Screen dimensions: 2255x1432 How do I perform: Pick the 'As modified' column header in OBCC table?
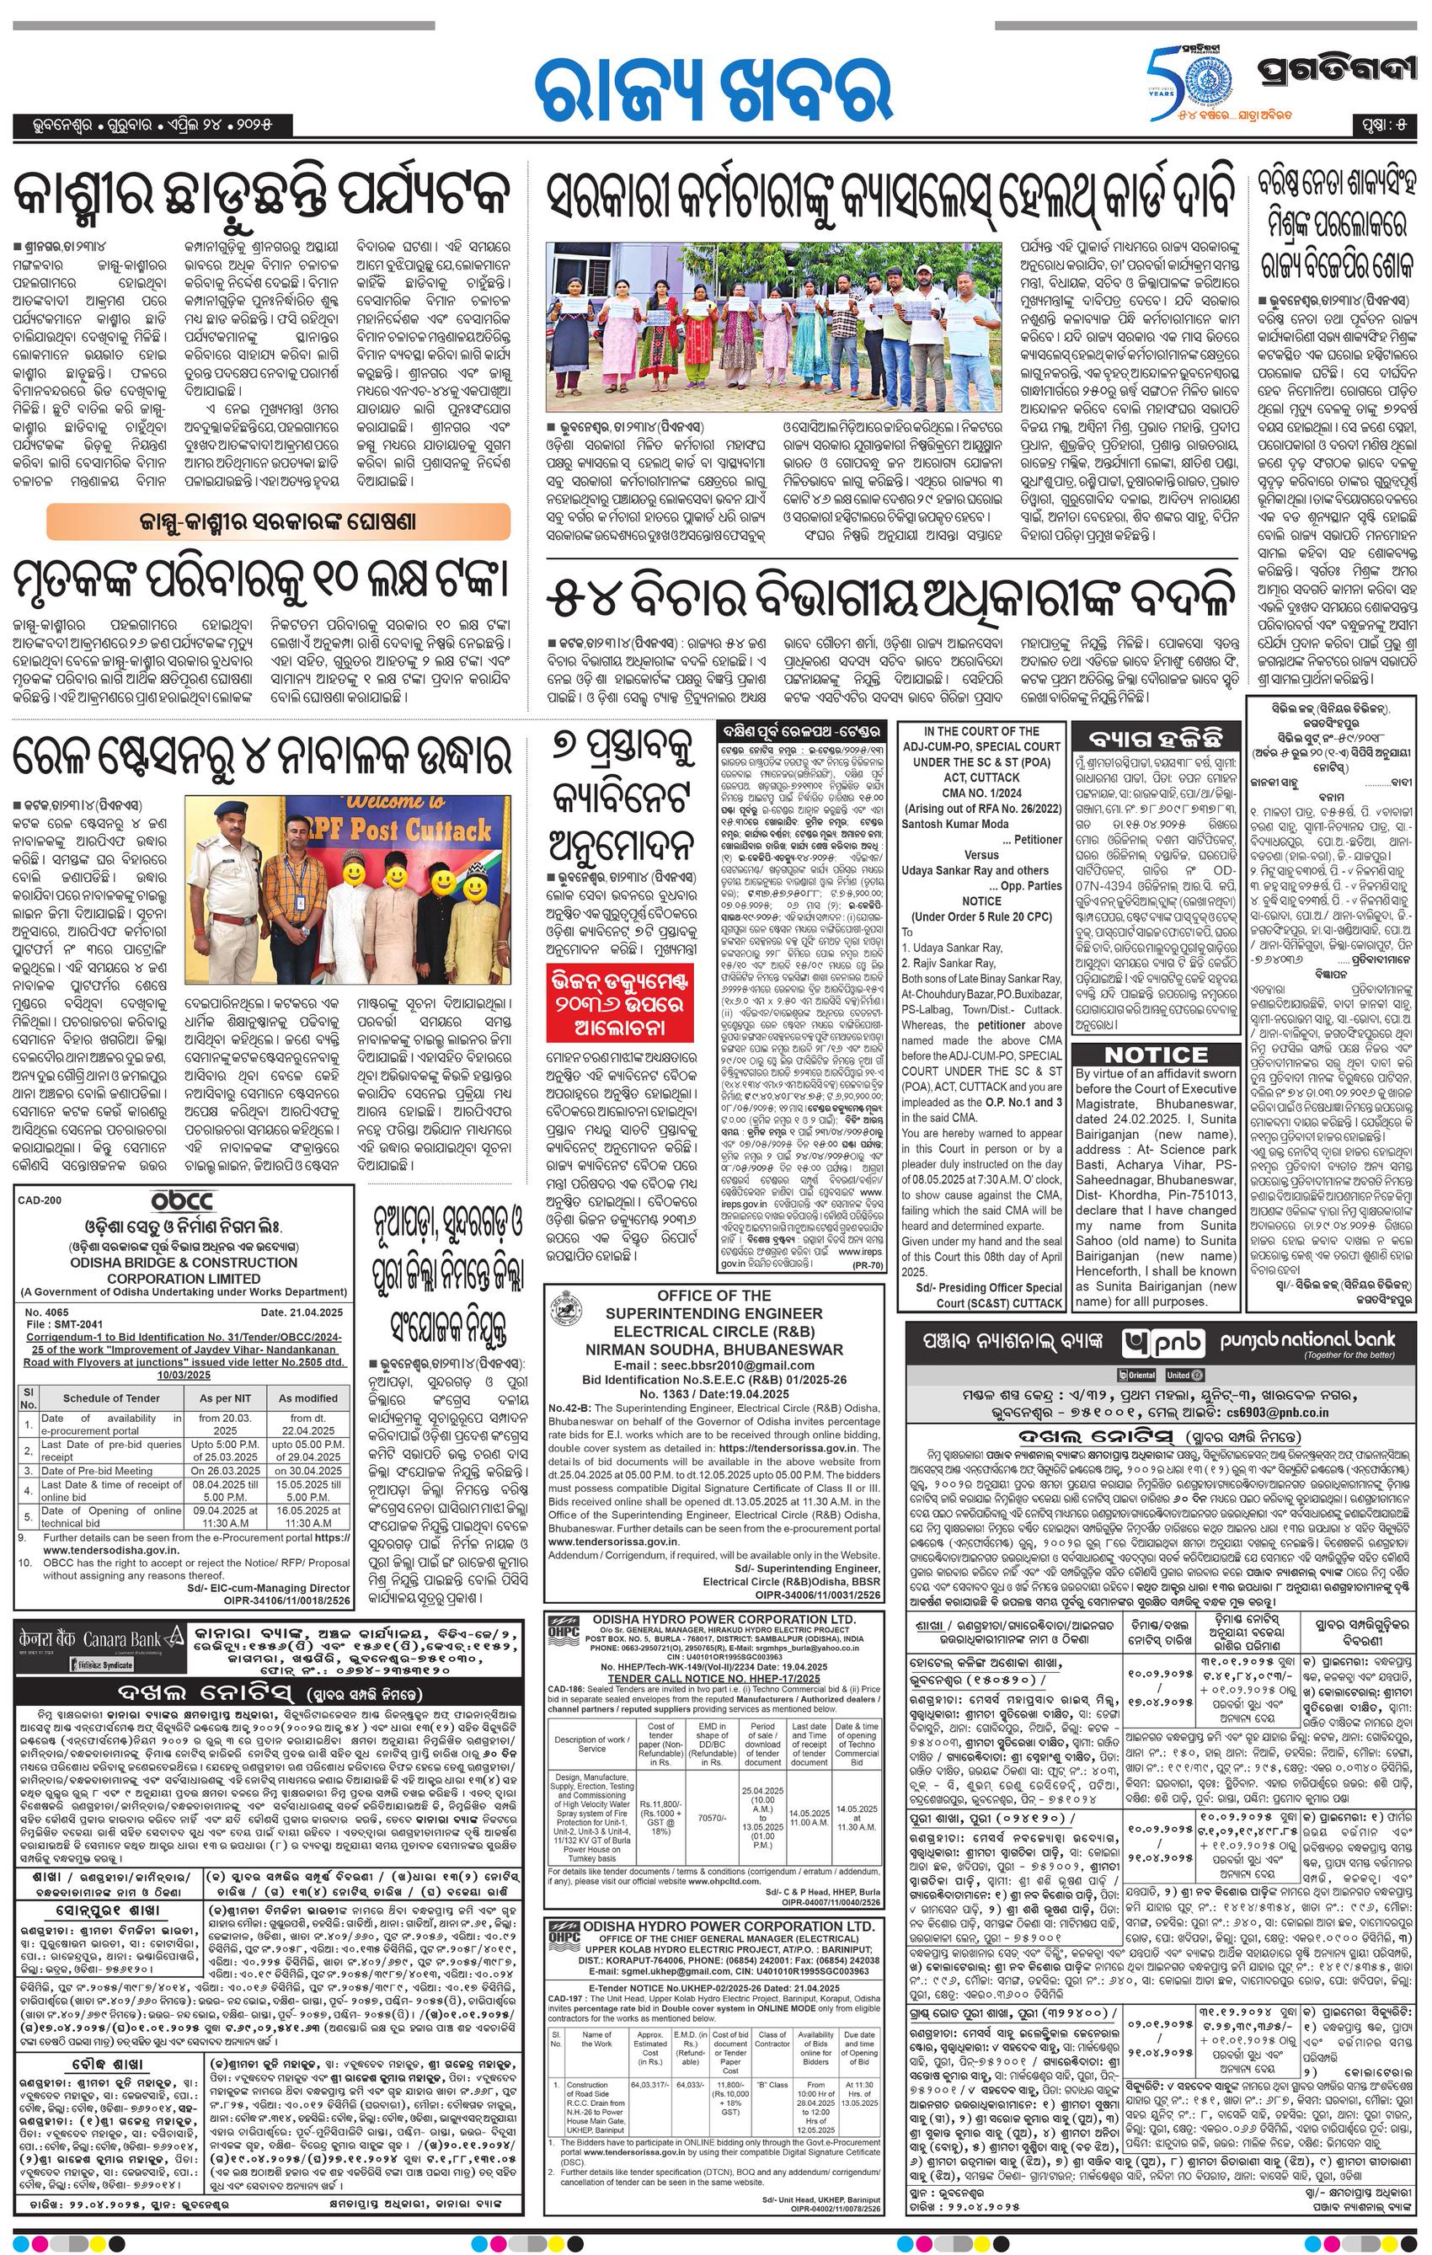(x=307, y=1397)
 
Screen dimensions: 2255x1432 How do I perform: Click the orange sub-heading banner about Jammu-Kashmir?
(x=279, y=521)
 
